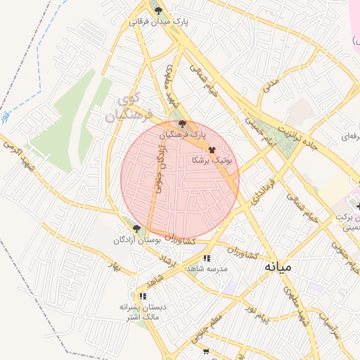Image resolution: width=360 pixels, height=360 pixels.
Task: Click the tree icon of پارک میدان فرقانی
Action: pyautogui.click(x=159, y=11)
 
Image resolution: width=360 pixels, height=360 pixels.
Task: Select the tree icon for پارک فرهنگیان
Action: pyautogui.click(x=184, y=124)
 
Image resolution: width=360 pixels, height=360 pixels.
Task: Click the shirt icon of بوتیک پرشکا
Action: pyautogui.click(x=212, y=150)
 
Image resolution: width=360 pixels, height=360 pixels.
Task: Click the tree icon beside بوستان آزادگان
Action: pyautogui.click(x=136, y=229)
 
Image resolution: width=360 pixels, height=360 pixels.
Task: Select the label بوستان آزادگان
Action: pyautogui.click(x=138, y=240)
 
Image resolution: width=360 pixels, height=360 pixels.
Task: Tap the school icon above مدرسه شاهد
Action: pyautogui.click(x=206, y=258)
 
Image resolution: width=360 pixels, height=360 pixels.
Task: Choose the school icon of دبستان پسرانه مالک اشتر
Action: pyautogui.click(x=143, y=297)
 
